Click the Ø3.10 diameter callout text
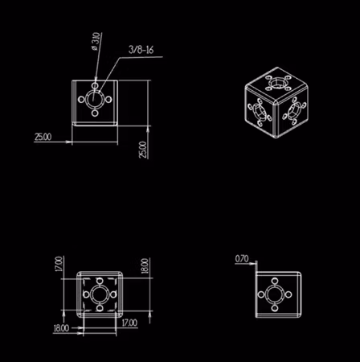[96, 41]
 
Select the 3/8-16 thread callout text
[141, 50]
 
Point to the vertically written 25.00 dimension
[143, 149]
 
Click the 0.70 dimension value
[242, 259]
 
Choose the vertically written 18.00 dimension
[144, 265]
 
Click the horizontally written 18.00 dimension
[61, 328]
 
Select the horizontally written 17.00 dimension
[129, 323]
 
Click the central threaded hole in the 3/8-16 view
[96, 101]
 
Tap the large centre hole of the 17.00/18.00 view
[100, 295]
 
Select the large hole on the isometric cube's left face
[260, 112]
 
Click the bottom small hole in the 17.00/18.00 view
[100, 311]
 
